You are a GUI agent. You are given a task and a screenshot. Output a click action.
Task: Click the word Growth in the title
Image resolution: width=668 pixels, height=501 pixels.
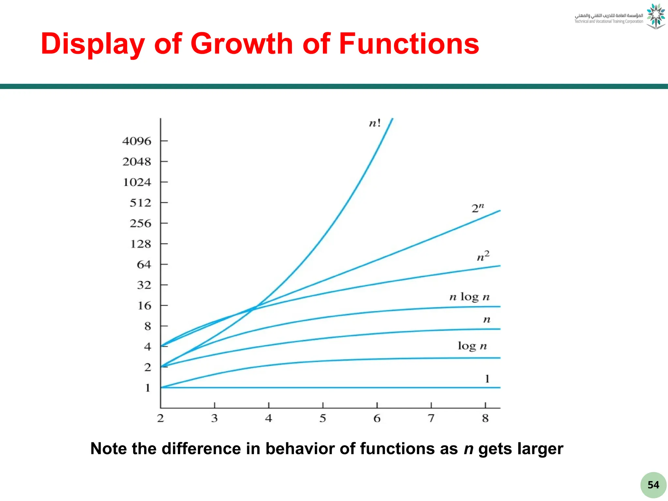242,44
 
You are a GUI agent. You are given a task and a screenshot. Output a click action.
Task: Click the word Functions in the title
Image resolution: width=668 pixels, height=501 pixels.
409,44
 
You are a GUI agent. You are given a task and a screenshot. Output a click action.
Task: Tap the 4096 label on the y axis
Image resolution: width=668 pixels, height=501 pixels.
137,141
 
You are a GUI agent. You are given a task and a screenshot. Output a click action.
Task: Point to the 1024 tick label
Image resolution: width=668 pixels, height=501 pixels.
137,182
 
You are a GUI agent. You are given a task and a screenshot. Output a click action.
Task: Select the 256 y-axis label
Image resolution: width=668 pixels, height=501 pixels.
140,223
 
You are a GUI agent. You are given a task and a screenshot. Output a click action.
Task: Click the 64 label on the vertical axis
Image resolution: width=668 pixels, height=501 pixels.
144,265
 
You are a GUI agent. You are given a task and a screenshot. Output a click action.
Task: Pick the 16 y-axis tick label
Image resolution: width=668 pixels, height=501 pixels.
144,306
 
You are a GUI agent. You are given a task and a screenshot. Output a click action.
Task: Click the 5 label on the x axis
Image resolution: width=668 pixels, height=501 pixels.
323,418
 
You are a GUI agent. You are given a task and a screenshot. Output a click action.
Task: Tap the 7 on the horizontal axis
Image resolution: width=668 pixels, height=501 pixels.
431,418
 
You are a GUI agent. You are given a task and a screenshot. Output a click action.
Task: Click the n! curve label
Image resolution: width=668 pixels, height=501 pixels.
375,123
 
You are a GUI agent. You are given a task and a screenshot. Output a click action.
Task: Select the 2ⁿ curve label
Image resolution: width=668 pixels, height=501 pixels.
478,208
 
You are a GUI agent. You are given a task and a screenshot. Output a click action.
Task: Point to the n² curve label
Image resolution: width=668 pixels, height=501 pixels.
483,256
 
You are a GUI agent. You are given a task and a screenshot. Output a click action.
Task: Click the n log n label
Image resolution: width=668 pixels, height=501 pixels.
469,297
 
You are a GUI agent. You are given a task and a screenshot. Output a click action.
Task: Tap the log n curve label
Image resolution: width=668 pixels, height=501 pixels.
472,346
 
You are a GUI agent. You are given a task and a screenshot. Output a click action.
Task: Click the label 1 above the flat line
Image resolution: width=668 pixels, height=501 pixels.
487,379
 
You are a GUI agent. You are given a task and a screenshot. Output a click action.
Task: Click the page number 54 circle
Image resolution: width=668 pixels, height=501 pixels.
653,485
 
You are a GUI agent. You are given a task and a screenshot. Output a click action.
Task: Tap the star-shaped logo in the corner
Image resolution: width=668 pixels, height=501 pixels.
656,16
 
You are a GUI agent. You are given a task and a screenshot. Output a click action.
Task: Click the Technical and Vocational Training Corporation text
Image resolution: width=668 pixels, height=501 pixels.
609,22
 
